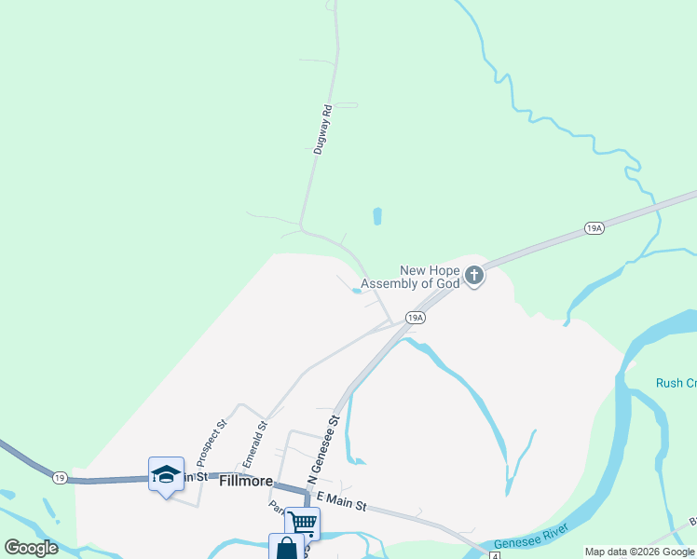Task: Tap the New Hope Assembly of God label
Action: tap(410, 277)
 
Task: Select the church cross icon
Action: tap(474, 275)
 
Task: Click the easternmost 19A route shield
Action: tap(594, 227)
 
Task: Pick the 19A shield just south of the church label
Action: tap(416, 318)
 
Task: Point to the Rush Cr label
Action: tap(676, 383)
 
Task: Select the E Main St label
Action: tap(341, 504)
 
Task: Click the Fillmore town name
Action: tap(246, 482)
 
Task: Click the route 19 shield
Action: tap(60, 477)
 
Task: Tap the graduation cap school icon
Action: tap(166, 474)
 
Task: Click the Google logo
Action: tap(31, 548)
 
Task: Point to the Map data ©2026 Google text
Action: tap(639, 552)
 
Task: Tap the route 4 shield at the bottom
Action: tap(495, 554)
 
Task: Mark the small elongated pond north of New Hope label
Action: tap(377, 216)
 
